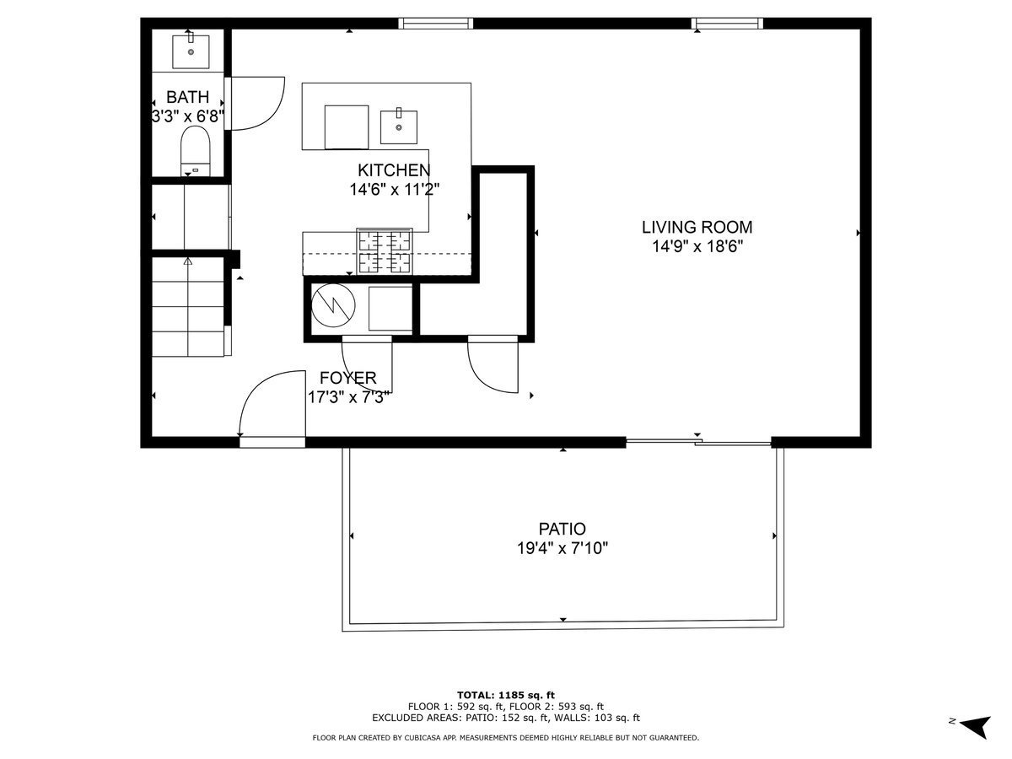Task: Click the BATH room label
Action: pos(187,97)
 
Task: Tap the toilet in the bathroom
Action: pos(195,153)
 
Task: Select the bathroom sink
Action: pos(191,50)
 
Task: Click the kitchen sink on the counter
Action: pos(398,126)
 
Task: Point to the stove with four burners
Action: pos(385,251)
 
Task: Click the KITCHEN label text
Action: pos(394,170)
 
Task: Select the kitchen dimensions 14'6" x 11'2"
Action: pos(394,190)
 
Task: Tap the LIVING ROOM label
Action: pos(697,227)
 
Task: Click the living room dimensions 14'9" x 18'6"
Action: pos(697,246)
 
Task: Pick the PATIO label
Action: pos(563,529)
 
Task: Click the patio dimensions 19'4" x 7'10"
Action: pos(563,548)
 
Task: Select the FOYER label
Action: pos(347,378)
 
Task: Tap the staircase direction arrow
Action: pos(188,263)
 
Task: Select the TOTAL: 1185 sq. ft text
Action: pos(505,694)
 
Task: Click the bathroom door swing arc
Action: pos(256,103)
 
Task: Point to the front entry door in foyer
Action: pos(272,440)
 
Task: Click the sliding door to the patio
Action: pos(698,440)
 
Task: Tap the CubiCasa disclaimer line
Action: pos(505,738)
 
